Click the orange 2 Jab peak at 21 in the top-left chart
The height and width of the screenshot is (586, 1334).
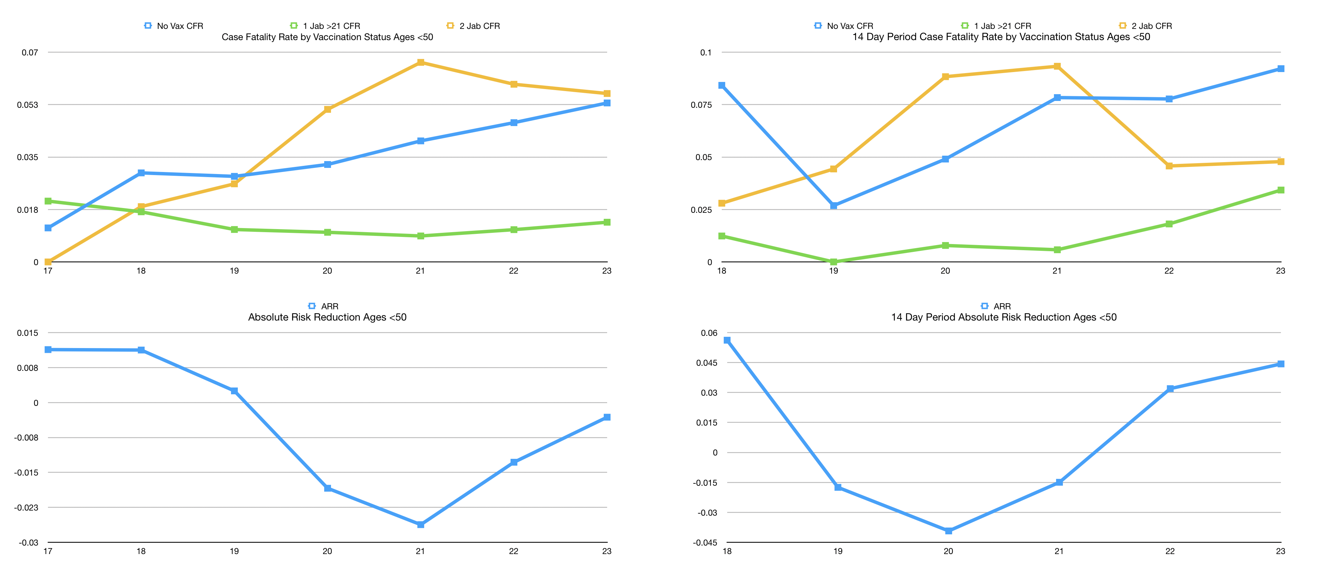coord(420,63)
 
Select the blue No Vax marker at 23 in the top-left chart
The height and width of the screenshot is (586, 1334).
coord(607,103)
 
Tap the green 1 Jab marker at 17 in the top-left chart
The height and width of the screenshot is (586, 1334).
coord(48,201)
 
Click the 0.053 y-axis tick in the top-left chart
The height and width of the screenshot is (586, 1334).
coord(28,105)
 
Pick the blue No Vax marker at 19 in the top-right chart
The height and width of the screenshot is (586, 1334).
coord(834,206)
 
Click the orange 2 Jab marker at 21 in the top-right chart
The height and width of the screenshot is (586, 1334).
coord(1057,66)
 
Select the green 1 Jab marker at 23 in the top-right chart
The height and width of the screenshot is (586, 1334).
coord(1281,190)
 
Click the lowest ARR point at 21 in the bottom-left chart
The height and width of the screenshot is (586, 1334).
coord(420,524)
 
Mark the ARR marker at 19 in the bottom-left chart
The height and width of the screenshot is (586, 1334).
coord(234,391)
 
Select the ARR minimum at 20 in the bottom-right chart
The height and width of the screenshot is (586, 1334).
coord(948,531)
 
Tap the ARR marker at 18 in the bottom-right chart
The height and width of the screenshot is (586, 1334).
coord(727,340)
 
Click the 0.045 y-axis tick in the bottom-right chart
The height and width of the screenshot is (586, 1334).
coord(706,363)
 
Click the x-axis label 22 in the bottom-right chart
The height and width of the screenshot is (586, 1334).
coord(1170,551)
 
